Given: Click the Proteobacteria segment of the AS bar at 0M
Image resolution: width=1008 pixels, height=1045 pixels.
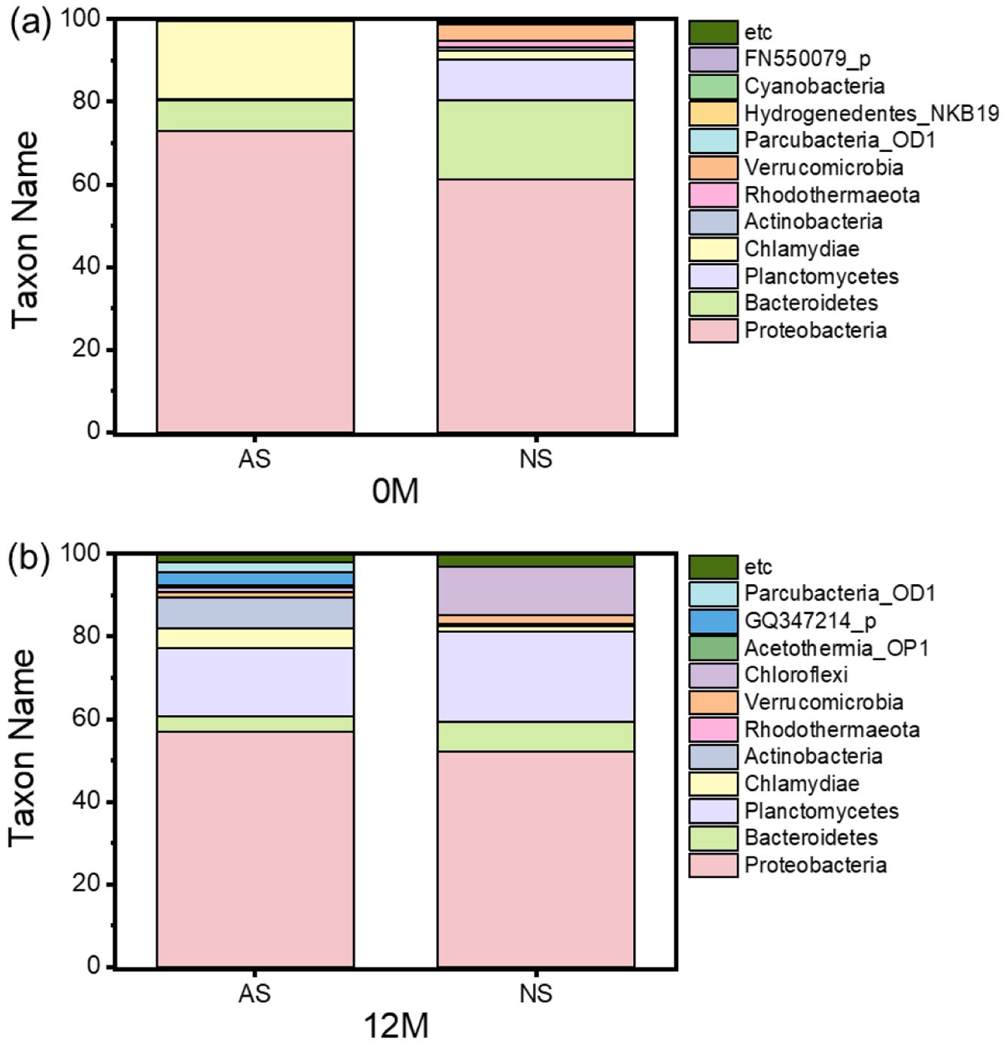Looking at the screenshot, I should pyautogui.click(x=255, y=282).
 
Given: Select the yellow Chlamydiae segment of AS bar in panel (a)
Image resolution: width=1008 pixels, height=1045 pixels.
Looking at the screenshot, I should pyautogui.click(x=255, y=59).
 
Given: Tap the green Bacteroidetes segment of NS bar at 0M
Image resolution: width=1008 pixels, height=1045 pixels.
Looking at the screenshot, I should pyautogui.click(x=536, y=140).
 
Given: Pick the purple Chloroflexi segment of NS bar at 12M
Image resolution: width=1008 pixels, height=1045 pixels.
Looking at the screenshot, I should pyautogui.click(x=536, y=590).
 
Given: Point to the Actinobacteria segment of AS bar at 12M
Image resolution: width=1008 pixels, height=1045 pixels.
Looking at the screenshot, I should pyautogui.click(x=255, y=613).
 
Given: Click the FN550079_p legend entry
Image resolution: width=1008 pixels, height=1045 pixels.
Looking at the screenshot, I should pyautogui.click(x=807, y=59).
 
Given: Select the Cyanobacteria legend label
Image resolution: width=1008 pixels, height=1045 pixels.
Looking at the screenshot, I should pyautogui.click(x=815, y=86).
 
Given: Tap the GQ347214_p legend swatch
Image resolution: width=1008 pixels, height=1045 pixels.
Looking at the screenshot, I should pyautogui.click(x=713, y=621).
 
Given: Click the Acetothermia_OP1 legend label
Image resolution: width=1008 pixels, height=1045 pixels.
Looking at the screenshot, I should pyautogui.click(x=836, y=648).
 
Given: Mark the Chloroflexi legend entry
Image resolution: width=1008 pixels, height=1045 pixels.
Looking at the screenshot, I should pyautogui.click(x=796, y=675).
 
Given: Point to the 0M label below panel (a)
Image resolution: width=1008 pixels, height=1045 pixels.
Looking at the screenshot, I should pyautogui.click(x=395, y=492).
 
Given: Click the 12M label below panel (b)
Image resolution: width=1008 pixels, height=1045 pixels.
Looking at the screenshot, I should pyautogui.click(x=396, y=1026).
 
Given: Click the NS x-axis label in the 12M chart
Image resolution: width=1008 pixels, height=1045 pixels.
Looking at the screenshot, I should pyautogui.click(x=536, y=994).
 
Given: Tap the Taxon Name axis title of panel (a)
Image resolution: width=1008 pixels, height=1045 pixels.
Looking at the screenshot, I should pyautogui.click(x=25, y=230).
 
